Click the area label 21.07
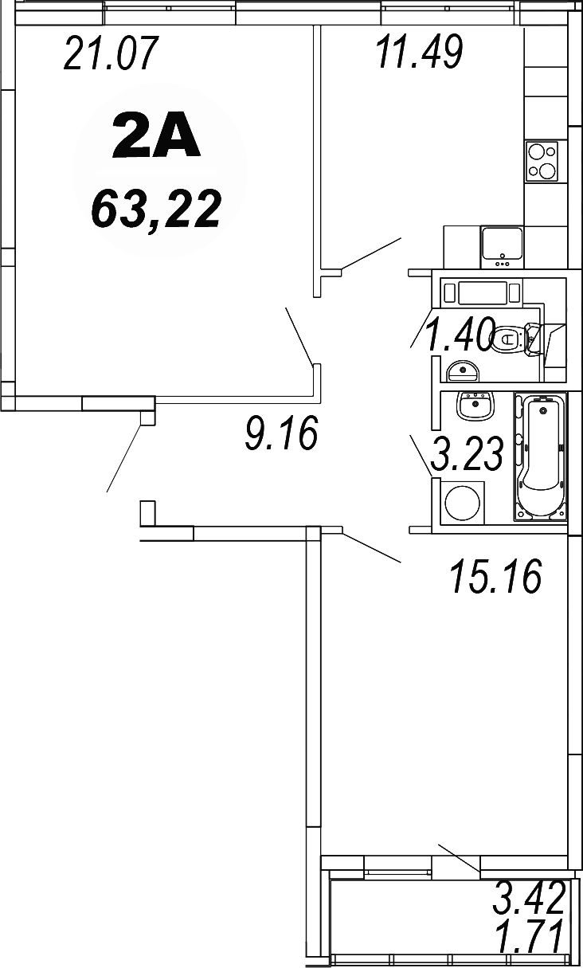[112, 55]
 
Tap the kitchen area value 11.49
[418, 53]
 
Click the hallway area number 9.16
[281, 433]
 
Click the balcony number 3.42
[529, 898]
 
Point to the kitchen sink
[502, 245]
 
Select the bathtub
[541, 457]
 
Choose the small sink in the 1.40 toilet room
[461, 370]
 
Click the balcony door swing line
[459, 857]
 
